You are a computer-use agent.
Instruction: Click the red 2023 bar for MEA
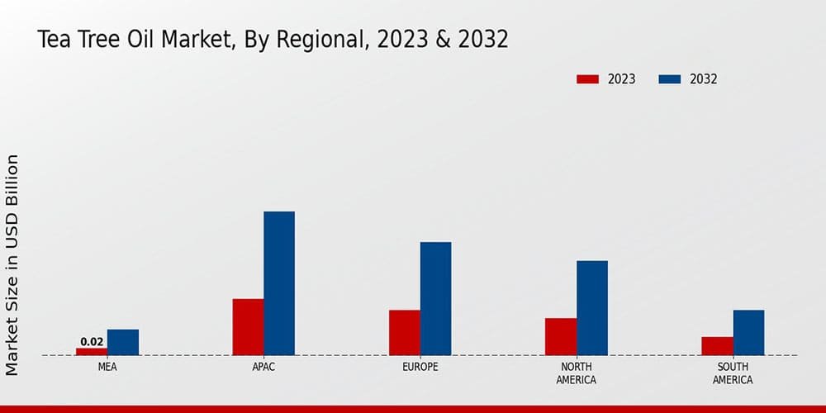click(x=92, y=352)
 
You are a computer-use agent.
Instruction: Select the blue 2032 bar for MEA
click(x=123, y=343)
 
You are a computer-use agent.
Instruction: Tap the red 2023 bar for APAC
click(x=248, y=327)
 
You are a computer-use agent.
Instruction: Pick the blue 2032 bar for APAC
click(x=279, y=283)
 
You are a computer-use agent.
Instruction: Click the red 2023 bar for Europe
click(x=405, y=333)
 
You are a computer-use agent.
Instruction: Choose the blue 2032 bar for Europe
click(x=436, y=299)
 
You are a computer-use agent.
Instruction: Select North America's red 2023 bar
click(x=561, y=337)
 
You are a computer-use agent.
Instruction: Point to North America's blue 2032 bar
click(x=592, y=308)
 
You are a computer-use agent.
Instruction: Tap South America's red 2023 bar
click(x=717, y=346)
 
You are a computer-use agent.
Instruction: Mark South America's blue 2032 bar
click(x=748, y=333)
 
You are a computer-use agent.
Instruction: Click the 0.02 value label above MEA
click(x=92, y=342)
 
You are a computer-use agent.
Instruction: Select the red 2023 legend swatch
click(x=587, y=79)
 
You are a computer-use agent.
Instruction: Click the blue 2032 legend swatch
click(x=669, y=79)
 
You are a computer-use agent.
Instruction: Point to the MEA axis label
click(x=107, y=367)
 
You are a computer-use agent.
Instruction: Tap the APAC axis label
click(x=263, y=367)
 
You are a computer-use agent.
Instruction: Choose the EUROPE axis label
click(x=420, y=367)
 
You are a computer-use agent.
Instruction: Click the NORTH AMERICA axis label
click(x=577, y=373)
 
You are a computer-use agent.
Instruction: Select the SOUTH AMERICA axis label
click(x=733, y=373)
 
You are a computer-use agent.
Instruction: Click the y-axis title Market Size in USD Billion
click(x=12, y=264)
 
